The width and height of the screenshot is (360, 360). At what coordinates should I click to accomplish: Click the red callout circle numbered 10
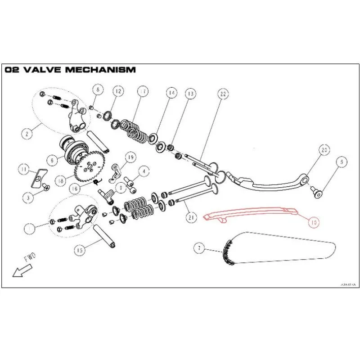coord(314,221)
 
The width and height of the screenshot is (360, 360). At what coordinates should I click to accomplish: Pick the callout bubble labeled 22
coord(223,94)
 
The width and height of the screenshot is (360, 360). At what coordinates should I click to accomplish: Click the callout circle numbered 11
coord(24,170)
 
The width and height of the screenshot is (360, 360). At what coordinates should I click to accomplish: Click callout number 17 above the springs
coord(142,91)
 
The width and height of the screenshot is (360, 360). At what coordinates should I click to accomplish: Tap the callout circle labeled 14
coord(171,93)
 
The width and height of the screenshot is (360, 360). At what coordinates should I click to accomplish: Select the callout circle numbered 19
coord(130,157)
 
